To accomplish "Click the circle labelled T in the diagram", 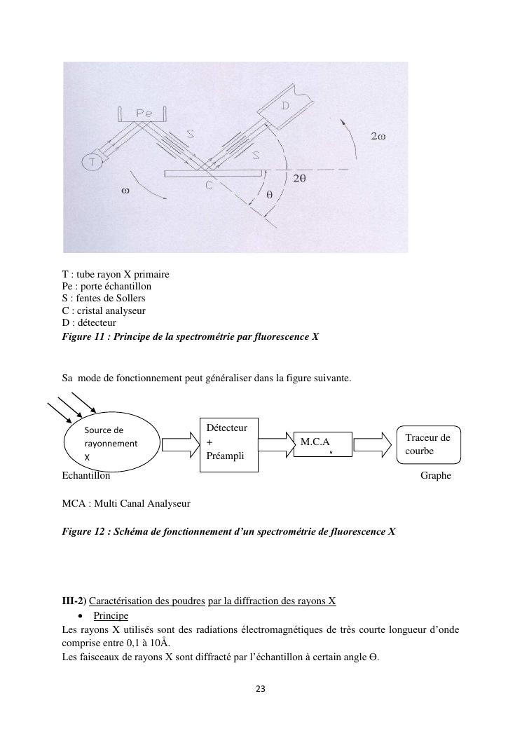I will [91, 163].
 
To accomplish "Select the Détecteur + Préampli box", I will [231, 443].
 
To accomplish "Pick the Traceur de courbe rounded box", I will [429, 444].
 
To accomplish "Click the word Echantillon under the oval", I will [86, 476].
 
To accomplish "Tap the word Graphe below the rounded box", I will [435, 476].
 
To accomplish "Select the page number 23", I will [260, 689].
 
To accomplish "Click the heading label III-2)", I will [74, 601].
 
